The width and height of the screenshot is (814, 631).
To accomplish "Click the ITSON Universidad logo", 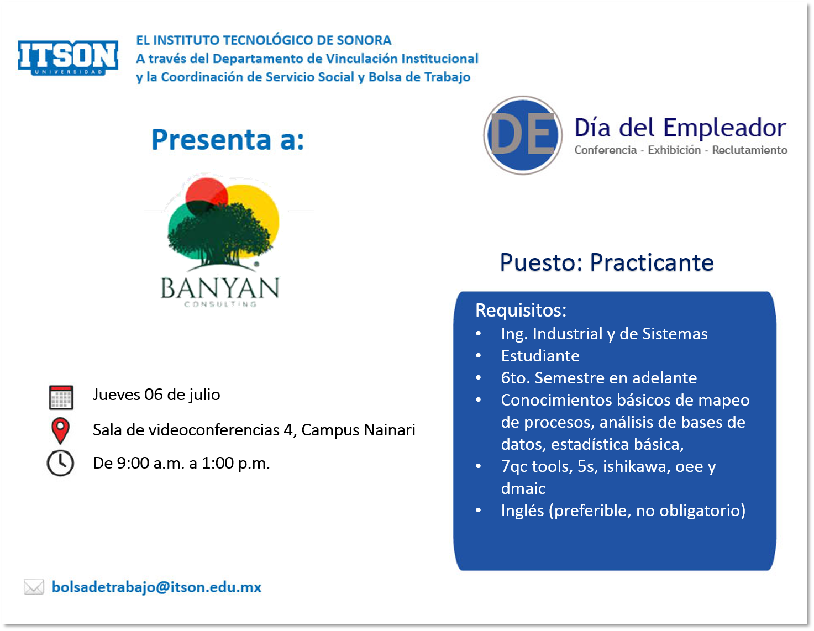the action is click(68, 57).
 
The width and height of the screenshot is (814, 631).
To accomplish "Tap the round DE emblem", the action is click(523, 135).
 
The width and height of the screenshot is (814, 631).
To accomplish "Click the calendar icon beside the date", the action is click(61, 397).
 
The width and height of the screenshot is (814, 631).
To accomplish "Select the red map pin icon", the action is click(60, 430).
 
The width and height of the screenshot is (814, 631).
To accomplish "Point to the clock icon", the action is click(60, 463).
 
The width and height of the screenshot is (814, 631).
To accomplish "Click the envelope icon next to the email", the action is click(34, 587).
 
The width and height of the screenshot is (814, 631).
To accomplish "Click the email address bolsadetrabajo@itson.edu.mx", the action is click(156, 587).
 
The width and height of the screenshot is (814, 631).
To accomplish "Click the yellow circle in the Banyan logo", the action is click(259, 213).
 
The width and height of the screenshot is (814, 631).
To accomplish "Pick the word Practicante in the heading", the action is click(652, 262).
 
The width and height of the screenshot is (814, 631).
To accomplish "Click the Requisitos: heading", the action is click(521, 310).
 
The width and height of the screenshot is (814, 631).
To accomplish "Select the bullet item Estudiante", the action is click(540, 356).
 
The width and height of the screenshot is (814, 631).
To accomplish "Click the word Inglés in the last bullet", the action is click(523, 511).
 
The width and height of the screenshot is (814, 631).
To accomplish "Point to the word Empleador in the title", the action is click(724, 128).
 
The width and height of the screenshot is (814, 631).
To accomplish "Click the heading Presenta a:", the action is click(228, 139).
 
